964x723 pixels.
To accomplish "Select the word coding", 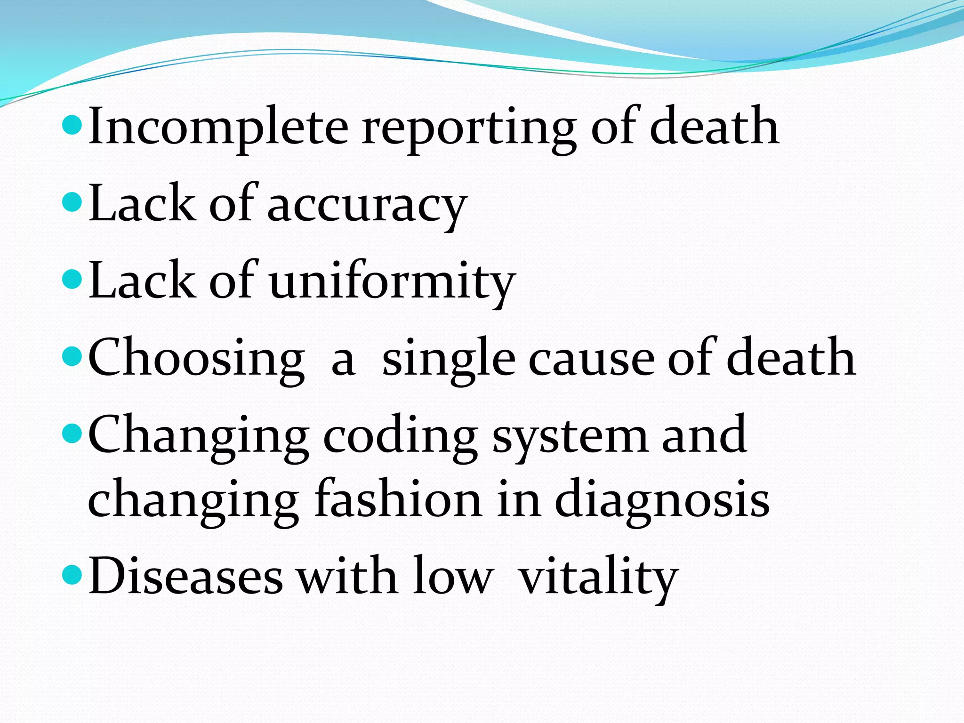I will coord(400,437).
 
